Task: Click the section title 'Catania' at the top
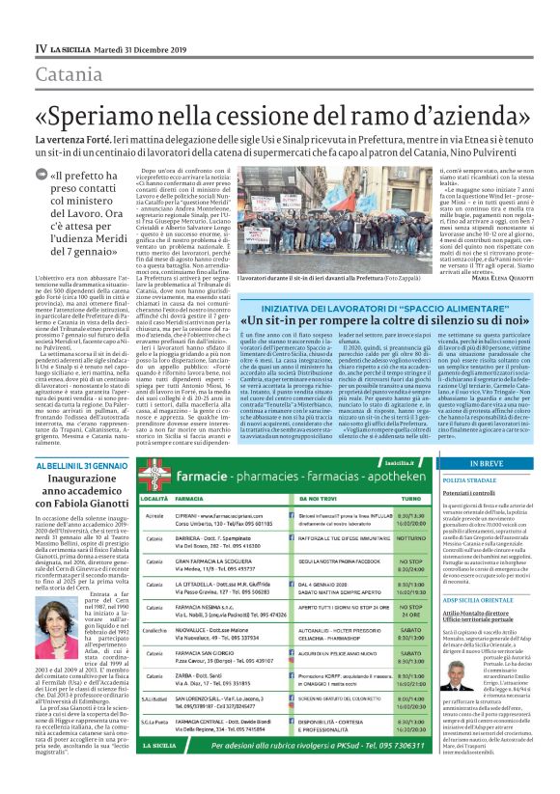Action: click(x=70, y=72)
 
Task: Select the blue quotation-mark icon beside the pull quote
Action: click(x=53, y=176)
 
